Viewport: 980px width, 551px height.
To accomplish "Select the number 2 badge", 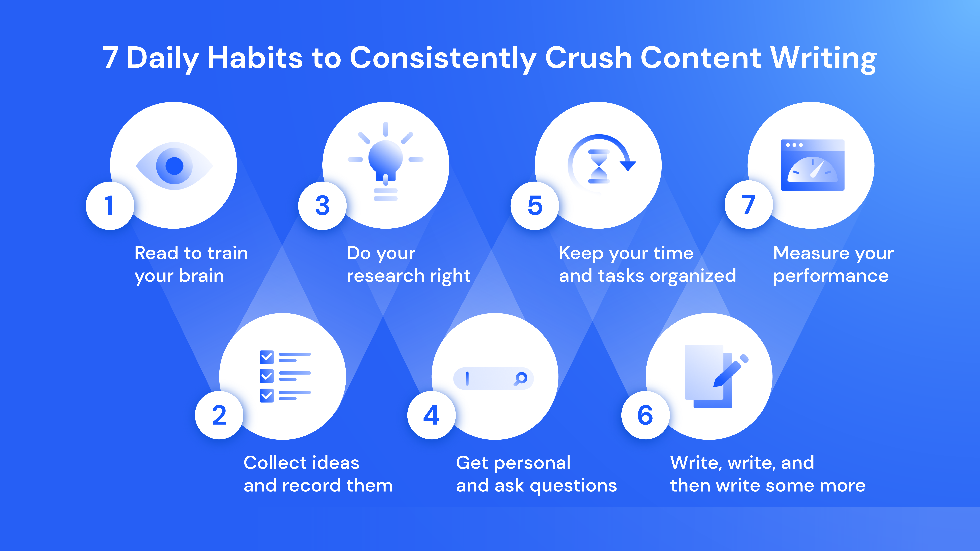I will tap(219, 415).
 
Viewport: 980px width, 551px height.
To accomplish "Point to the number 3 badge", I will tap(322, 206).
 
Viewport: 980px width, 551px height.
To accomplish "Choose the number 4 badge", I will tap(431, 415).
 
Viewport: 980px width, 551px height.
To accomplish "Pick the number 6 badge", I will tap(645, 415).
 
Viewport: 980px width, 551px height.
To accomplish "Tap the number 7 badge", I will tap(748, 205).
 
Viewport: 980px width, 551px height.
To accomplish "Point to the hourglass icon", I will tap(599, 166).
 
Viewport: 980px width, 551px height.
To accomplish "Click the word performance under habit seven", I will tap(831, 276).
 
